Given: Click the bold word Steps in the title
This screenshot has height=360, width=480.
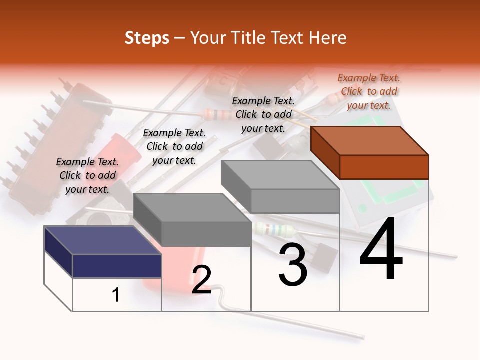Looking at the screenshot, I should coord(147,38).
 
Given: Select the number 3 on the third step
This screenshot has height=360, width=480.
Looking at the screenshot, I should coord(293,266).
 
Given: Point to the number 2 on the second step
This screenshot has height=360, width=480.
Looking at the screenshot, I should coord(201,280).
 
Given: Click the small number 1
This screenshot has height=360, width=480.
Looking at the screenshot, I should coord(116,295).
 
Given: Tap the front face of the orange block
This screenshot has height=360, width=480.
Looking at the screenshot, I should coord(384,167).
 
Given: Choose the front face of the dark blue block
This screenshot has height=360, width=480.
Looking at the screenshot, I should coord(117,266).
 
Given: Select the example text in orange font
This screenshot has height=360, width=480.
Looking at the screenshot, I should coord(369,91).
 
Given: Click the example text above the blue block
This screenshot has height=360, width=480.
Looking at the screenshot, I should coord(87,175).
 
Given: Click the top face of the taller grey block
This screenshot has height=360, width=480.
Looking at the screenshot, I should coord(280,175).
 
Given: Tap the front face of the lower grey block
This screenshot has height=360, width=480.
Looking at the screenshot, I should coord(206,234).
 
